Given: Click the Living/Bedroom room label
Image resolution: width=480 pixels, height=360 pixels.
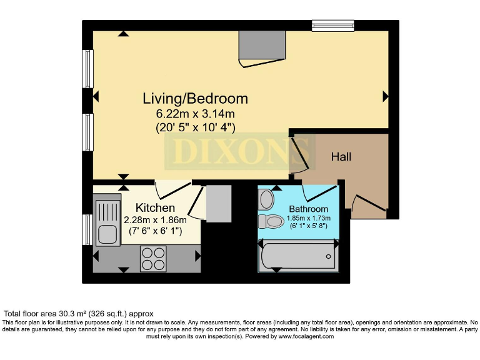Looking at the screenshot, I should [195, 98].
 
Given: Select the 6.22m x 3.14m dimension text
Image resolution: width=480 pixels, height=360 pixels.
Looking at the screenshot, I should [195, 114].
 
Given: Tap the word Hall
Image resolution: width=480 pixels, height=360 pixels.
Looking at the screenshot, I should [341, 156].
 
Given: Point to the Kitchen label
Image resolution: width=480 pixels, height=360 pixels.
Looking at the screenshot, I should [155, 207].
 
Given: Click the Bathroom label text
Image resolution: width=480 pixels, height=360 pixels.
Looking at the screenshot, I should [308, 209].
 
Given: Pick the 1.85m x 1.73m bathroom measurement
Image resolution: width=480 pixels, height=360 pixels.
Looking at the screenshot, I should [308, 218].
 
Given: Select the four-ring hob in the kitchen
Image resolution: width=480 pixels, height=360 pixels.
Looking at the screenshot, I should [153, 258].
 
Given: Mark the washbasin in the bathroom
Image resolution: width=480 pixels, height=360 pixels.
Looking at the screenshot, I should [266, 199].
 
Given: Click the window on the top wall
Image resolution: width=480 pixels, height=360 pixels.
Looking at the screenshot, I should [333, 26].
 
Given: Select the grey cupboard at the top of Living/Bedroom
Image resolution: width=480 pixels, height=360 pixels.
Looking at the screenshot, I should [262, 44].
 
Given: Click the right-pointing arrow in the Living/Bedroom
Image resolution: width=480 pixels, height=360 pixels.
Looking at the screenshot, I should [386, 96].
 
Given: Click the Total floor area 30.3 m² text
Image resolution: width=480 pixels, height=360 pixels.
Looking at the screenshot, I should [78, 313].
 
